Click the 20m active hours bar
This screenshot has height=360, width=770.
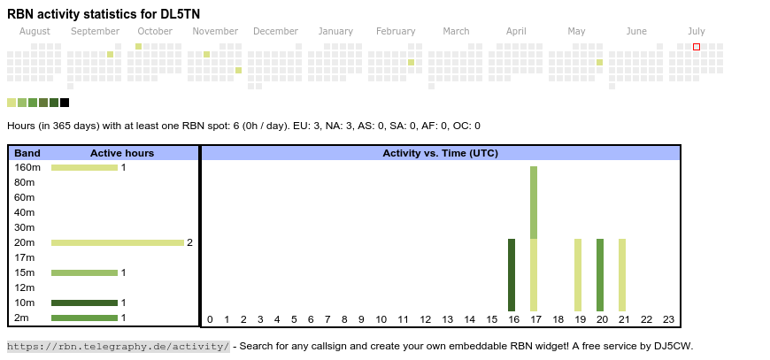point(117,242)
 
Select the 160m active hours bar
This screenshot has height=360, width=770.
point(84,167)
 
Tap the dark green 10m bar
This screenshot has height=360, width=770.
point(84,303)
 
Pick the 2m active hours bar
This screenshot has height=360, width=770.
point(84,318)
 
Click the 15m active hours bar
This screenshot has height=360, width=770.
point(84,272)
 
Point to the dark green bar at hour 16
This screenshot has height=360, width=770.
point(512,274)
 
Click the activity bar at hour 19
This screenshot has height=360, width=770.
point(578,274)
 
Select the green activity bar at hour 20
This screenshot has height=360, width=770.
point(600,274)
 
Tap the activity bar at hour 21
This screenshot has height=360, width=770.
point(622,274)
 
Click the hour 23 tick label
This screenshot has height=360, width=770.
point(668,319)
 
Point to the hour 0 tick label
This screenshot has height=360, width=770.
point(210,319)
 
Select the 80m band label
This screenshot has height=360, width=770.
point(25,182)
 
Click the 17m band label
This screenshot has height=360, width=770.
point(25,257)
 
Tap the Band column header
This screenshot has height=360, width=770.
point(27,153)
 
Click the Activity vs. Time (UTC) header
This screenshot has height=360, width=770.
point(440,153)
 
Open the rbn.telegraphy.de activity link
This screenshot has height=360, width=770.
point(118,346)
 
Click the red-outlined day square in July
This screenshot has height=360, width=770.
point(697,47)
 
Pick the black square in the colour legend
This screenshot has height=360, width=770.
point(65,103)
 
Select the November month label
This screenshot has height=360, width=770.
point(215,31)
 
